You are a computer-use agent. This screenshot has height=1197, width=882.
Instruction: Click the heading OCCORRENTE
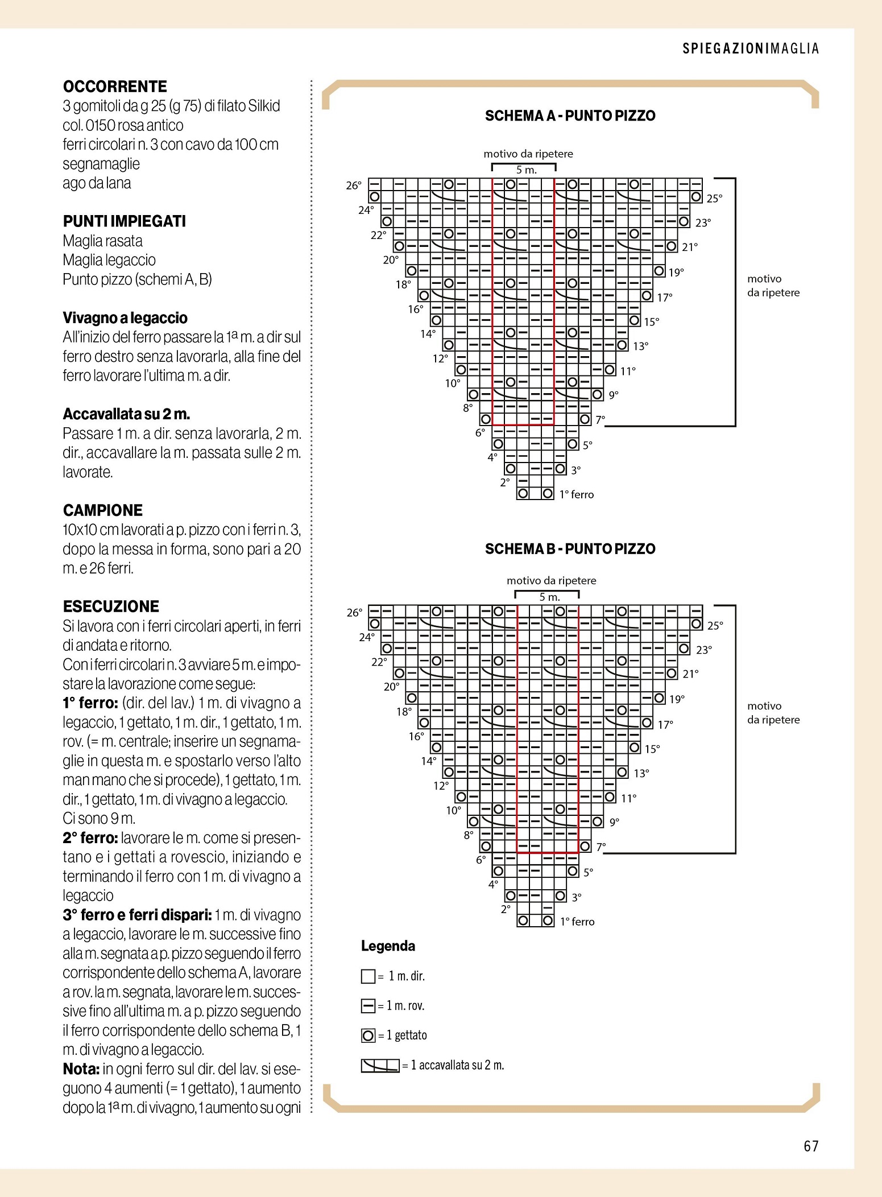pyautogui.click(x=115, y=86)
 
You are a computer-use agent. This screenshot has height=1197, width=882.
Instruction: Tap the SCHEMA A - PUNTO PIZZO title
pyautogui.click(x=570, y=116)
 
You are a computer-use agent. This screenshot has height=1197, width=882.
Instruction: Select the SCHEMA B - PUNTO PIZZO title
pyautogui.click(x=570, y=549)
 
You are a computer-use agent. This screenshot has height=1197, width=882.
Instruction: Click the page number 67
pyautogui.click(x=811, y=1146)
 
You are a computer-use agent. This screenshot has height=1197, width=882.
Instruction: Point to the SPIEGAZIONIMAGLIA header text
pyautogui.click(x=751, y=49)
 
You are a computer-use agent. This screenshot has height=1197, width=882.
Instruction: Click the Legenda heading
pyautogui.click(x=388, y=946)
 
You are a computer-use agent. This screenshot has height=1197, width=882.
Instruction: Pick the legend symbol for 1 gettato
pyautogui.click(x=368, y=1035)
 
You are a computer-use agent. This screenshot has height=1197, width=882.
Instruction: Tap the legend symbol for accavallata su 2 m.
pyautogui.click(x=380, y=1065)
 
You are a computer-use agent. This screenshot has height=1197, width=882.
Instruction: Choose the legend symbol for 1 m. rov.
pyautogui.click(x=368, y=1006)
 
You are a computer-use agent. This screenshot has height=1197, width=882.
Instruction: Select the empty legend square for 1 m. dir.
pyautogui.click(x=368, y=976)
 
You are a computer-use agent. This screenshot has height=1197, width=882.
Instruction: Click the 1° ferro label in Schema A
pyautogui.click(x=576, y=494)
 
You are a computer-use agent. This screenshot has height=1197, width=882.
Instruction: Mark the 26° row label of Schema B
pyautogui.click(x=354, y=613)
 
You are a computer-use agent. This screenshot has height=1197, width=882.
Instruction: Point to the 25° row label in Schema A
pyautogui.click(x=714, y=199)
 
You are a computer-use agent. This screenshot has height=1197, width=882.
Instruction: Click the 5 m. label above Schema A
pyautogui.click(x=526, y=170)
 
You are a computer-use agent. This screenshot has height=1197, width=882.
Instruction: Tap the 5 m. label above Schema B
pyautogui.click(x=549, y=597)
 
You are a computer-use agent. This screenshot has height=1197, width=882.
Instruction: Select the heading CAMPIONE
pyautogui.click(x=103, y=510)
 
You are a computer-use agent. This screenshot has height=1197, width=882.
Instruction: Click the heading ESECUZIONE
pyautogui.click(x=111, y=606)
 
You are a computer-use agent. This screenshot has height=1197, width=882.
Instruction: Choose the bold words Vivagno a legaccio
pyautogui.click(x=125, y=318)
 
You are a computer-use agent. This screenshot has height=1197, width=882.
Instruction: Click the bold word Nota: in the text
pyautogui.click(x=81, y=1069)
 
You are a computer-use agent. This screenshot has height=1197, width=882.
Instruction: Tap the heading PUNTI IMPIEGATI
pyautogui.click(x=125, y=221)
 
